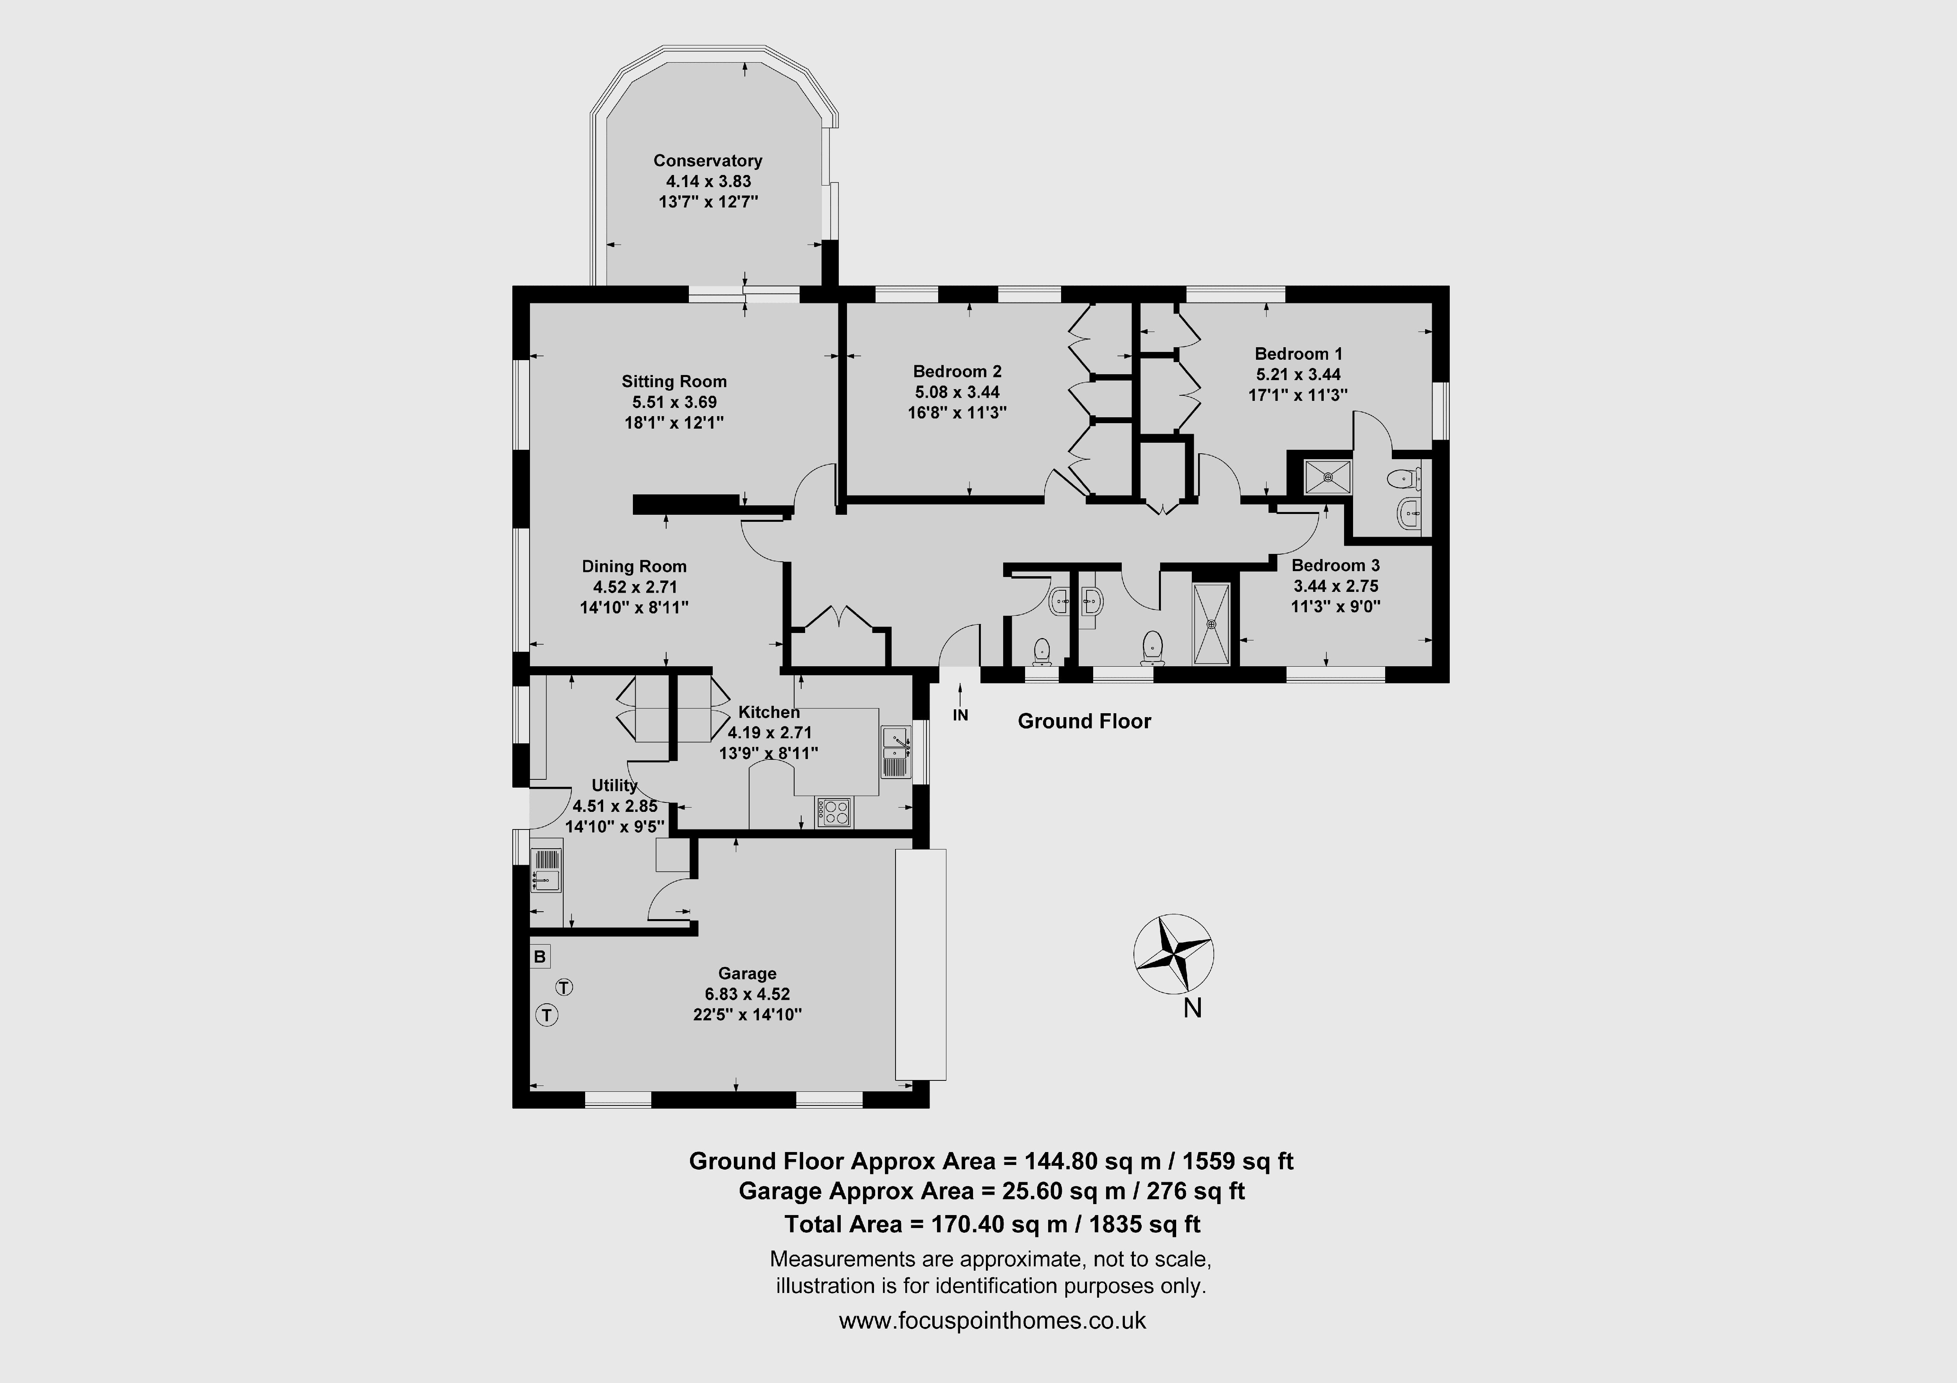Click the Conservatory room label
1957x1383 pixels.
pos(707,160)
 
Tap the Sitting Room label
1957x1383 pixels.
pos(674,381)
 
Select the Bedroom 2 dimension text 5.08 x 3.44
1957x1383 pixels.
pos(957,392)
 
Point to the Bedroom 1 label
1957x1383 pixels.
pos(1298,354)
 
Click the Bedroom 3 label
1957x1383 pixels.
pos(1335,565)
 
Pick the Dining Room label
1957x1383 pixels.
pos(634,566)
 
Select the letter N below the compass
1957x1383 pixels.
pos(1193,1009)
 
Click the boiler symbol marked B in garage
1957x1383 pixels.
pos(539,957)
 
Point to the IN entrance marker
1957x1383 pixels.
pos(960,715)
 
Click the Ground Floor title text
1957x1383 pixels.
pos(1084,721)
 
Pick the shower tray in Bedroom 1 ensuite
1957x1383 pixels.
pos(1327,478)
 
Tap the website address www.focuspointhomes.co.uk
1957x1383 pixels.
pos(992,1321)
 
